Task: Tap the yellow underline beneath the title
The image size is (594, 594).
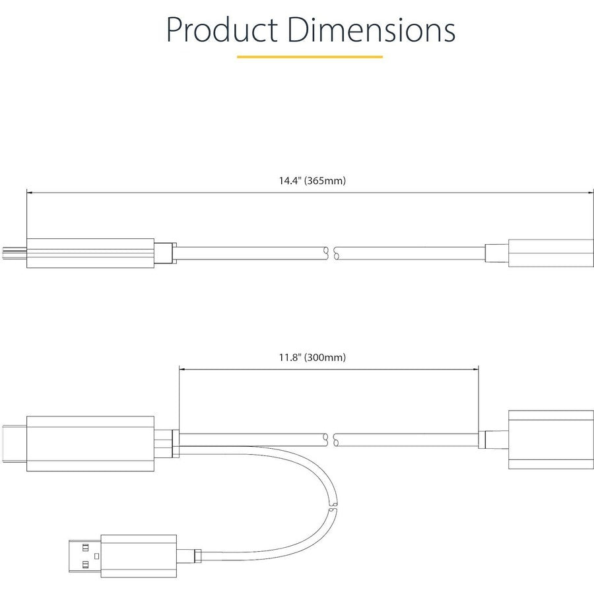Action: coord(310,57)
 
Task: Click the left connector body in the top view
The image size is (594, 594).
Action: coord(90,253)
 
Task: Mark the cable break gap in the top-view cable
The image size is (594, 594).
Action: coord(332,253)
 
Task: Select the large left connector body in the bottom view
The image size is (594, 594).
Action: coord(90,444)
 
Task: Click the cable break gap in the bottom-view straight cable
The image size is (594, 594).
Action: coord(332,438)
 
